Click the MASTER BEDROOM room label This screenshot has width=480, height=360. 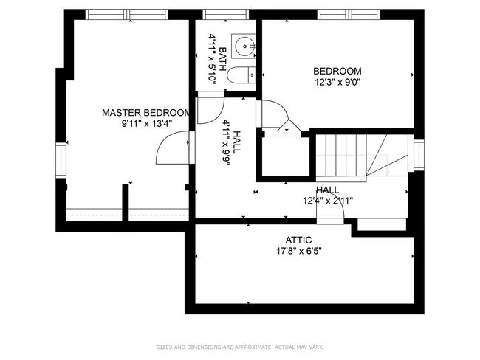[146, 113]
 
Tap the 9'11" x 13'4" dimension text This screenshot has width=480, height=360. [147, 124]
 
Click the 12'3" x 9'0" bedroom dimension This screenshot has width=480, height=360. [337, 83]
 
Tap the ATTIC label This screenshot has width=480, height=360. [299, 240]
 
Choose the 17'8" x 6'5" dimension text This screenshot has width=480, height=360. [298, 251]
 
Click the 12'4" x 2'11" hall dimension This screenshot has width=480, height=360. [328, 201]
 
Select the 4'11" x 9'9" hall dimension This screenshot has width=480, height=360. [227, 142]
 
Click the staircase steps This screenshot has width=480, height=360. [362, 155]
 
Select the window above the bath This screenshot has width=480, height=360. [226, 14]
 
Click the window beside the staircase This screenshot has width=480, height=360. [419, 155]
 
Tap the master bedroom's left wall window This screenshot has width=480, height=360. [61, 160]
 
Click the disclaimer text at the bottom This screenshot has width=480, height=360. [240, 347]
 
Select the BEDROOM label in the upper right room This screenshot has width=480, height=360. [337, 72]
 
